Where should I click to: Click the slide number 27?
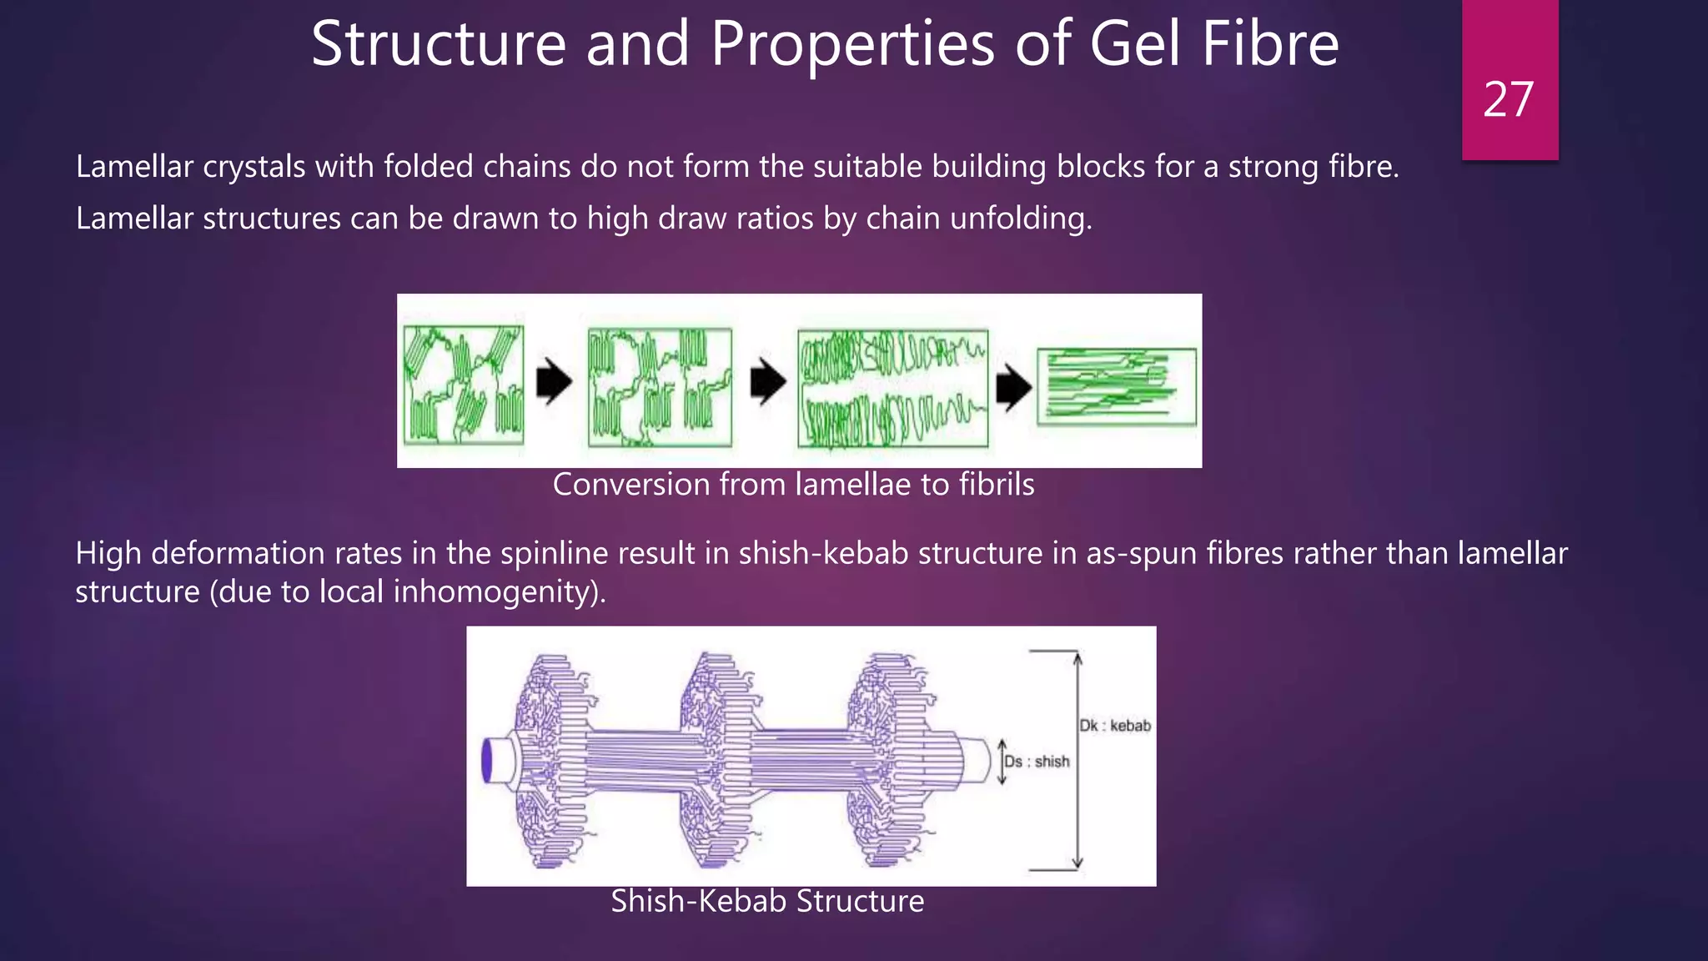click(1509, 100)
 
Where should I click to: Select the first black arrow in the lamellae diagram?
click(554, 382)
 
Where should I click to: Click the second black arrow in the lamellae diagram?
click(767, 382)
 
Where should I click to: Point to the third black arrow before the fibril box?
click(1013, 386)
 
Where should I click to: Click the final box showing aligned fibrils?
click(1116, 386)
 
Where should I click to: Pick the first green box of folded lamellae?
click(464, 385)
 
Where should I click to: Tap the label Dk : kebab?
click(1115, 726)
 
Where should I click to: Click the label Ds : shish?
click(1037, 761)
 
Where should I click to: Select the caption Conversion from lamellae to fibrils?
click(793, 485)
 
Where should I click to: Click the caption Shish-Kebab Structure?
click(767, 901)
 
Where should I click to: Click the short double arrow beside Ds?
click(1002, 762)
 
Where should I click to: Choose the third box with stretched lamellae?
click(892, 389)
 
